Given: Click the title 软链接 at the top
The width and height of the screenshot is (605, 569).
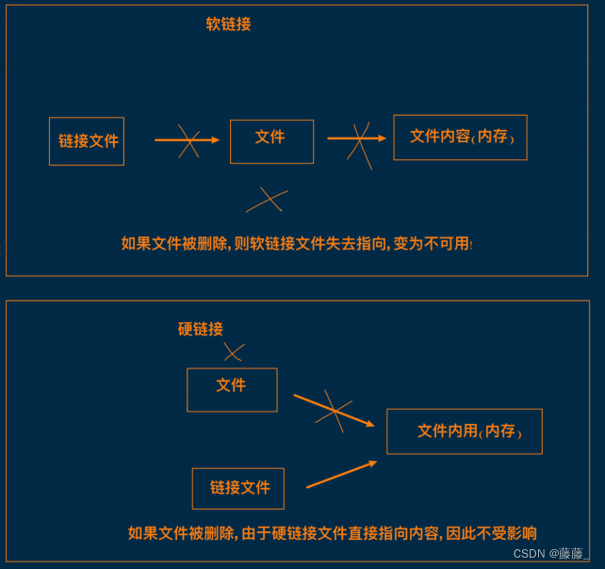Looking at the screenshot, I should point(228,24).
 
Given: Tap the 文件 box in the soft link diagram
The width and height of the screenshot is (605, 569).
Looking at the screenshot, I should point(271,141).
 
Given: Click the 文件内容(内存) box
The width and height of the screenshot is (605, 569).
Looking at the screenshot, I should point(460,138).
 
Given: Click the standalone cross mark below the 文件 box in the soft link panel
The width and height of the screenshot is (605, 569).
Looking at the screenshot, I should point(268,200).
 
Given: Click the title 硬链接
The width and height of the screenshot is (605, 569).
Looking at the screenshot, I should point(201,329).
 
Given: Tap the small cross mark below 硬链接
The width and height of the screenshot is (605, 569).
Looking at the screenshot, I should point(233,352).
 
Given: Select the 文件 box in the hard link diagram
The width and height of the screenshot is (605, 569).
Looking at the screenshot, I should point(232,389).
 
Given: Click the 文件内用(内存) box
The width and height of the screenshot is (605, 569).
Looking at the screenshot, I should point(465,431).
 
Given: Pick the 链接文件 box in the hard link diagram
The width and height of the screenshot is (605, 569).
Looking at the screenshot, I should point(238,488).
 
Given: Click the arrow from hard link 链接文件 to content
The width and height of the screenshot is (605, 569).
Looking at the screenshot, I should point(341,474).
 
